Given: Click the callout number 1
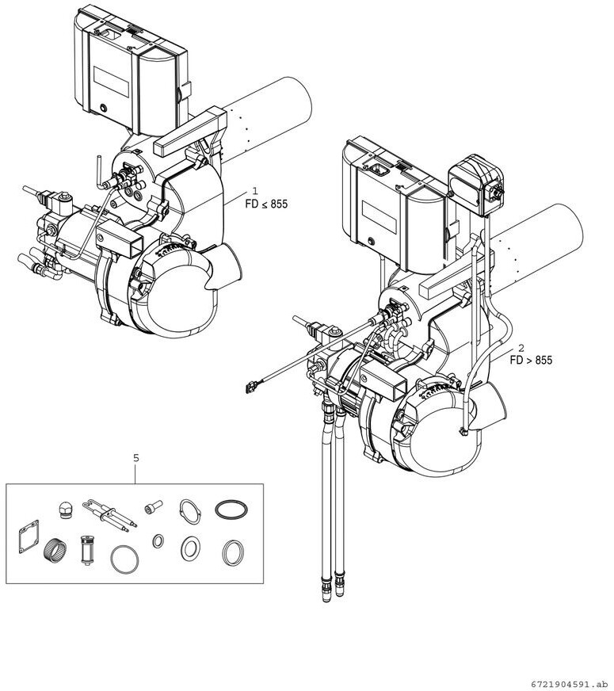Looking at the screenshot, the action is pos(254,191).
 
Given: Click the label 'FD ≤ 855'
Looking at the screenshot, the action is pos(266,204).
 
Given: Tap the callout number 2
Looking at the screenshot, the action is pos(521,347).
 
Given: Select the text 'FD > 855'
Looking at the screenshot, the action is pos(531,360).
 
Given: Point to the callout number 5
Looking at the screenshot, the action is pos(135,458).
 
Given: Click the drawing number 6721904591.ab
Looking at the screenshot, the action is pos(571,685).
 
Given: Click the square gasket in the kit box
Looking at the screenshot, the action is pos(29,536).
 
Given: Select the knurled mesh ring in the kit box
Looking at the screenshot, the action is pos(55,549).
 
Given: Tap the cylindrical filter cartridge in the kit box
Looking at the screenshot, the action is pos(87,550).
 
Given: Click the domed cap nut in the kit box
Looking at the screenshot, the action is pos(64,510).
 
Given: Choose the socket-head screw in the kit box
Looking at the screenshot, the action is pos(153,507).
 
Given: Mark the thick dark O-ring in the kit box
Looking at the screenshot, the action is pos(231,510).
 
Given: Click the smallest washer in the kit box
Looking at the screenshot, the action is pos(158,540).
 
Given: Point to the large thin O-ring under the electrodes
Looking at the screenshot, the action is pos(124,559).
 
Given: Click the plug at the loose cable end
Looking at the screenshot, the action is pos(250,387).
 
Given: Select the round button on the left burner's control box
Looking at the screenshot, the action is pos(104,108).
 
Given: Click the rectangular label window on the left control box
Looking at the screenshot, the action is pos(111,82).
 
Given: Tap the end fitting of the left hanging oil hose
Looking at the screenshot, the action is pos(326,590).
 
